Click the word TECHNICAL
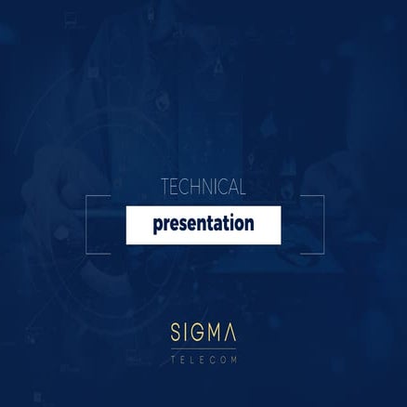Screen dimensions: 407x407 [203, 188]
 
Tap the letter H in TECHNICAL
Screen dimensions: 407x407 [192, 188]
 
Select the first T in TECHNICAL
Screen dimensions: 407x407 [164, 188]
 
